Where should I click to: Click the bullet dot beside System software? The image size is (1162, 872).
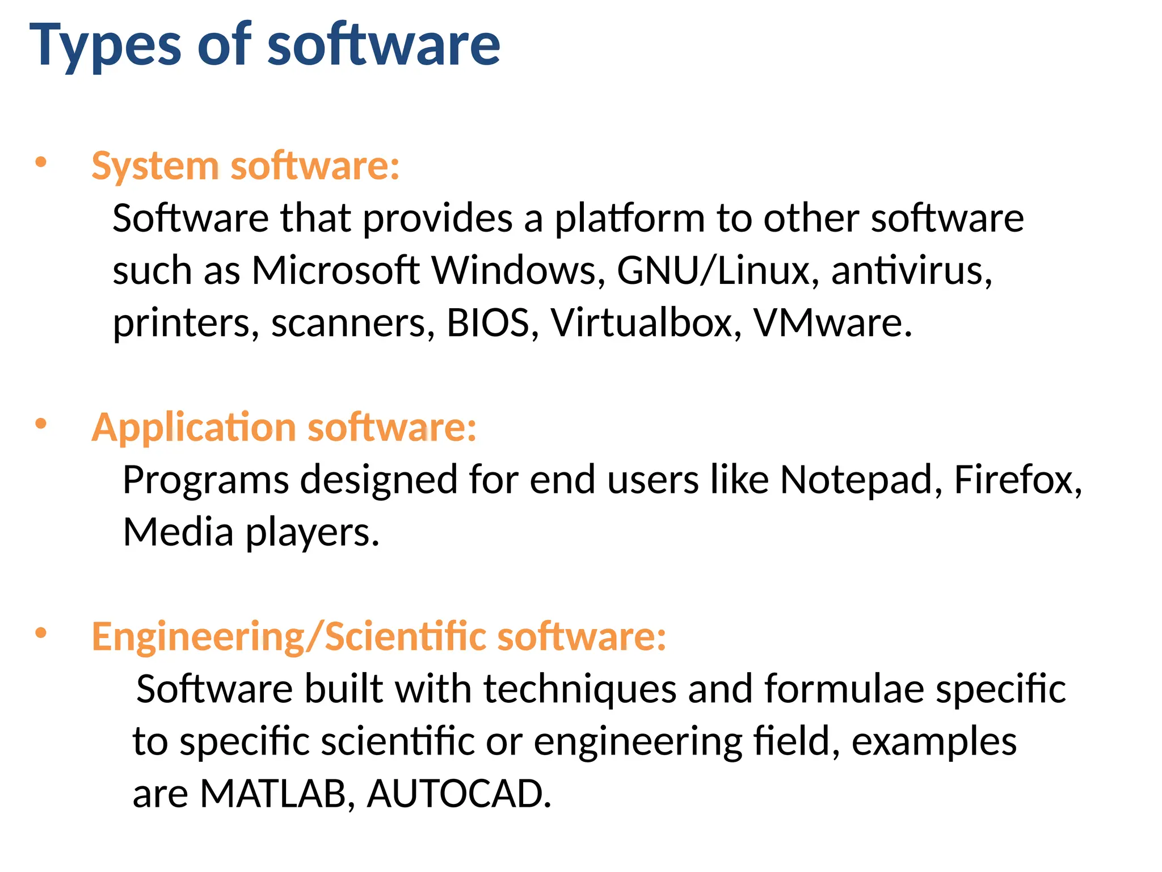[x=41, y=162]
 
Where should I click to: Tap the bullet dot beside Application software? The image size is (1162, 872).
[x=41, y=424]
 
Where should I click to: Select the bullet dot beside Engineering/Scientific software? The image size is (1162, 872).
[x=41, y=632]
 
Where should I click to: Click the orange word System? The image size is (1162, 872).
[x=155, y=166]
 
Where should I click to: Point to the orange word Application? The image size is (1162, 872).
[x=193, y=427]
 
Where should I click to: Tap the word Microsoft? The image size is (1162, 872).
[x=335, y=270]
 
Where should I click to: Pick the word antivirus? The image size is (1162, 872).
[x=911, y=270]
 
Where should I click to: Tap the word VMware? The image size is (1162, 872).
[x=832, y=322]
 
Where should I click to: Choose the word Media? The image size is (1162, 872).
[x=178, y=533]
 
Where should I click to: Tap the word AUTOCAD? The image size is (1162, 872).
[x=458, y=794]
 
